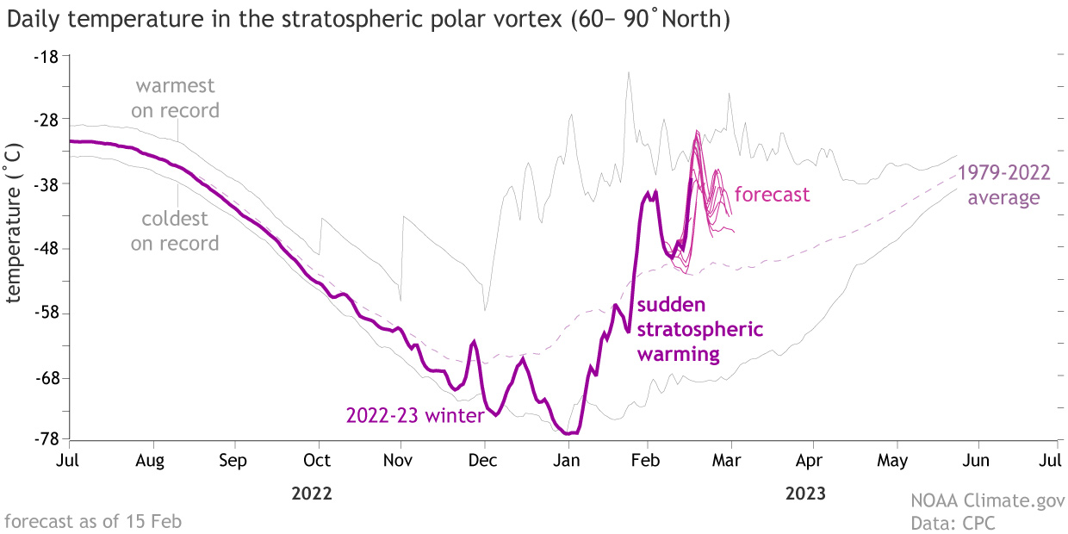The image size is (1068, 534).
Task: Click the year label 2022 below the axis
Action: tap(312, 494)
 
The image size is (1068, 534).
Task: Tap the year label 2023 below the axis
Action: tap(805, 494)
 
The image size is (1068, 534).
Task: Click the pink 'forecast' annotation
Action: tap(772, 195)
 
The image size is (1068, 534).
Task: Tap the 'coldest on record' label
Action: tap(175, 232)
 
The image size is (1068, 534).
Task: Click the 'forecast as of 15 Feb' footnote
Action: tap(93, 521)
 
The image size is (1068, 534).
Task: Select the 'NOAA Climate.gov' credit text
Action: tap(988, 500)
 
